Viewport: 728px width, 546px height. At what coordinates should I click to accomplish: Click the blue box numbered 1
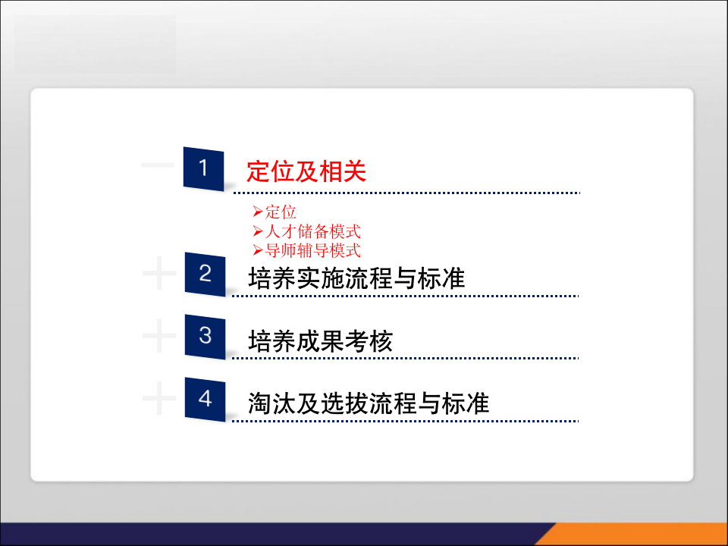pos(203,168)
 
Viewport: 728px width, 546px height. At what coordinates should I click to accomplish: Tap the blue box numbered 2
pos(205,274)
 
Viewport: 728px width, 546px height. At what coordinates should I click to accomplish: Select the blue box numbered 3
pos(205,336)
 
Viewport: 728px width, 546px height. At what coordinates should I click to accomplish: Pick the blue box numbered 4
pos(205,399)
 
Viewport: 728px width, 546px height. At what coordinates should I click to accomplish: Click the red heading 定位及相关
pos(306,172)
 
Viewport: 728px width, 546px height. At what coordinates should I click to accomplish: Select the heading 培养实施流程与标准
pos(356,278)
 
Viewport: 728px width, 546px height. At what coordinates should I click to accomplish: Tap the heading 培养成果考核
pos(320,341)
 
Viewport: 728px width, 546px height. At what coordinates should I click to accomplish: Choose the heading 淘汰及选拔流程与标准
pos(369,403)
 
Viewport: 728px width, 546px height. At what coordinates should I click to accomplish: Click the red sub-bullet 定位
pos(280,212)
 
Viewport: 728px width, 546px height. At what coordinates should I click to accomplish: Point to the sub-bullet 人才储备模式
pos(312,231)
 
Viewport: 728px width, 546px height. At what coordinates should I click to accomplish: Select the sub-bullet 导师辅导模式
pos(312,250)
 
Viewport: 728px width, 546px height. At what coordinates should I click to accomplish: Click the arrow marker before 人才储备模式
pos(258,231)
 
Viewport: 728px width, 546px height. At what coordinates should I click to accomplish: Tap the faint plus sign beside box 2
pos(158,274)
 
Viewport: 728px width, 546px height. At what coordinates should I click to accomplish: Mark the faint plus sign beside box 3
pos(158,336)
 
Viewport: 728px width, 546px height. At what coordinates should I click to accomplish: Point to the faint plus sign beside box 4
pos(158,399)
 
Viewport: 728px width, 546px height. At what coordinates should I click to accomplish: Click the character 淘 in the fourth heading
pos(260,403)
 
